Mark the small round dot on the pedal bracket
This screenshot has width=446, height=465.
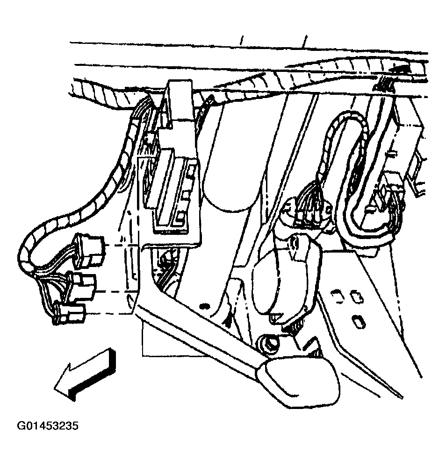click(204, 306)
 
